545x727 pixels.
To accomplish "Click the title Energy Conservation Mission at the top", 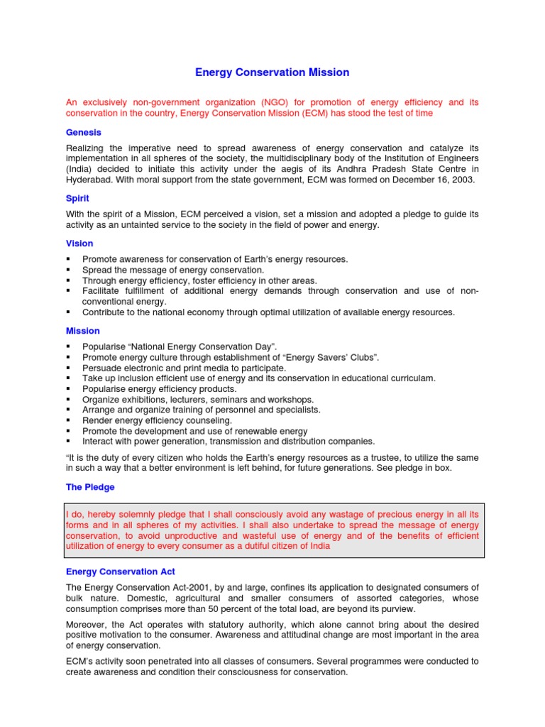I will tap(272, 72).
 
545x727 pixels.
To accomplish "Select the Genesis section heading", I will tap(84, 132).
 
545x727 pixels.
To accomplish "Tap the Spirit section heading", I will tap(77, 199).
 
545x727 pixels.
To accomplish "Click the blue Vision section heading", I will tap(79, 244).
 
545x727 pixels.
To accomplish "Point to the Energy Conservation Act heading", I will tap(121, 572).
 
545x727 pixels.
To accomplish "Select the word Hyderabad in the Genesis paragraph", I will tap(89, 180).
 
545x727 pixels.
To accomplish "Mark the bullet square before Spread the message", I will tap(68, 270).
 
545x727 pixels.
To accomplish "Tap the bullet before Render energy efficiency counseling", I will tap(68, 421).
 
